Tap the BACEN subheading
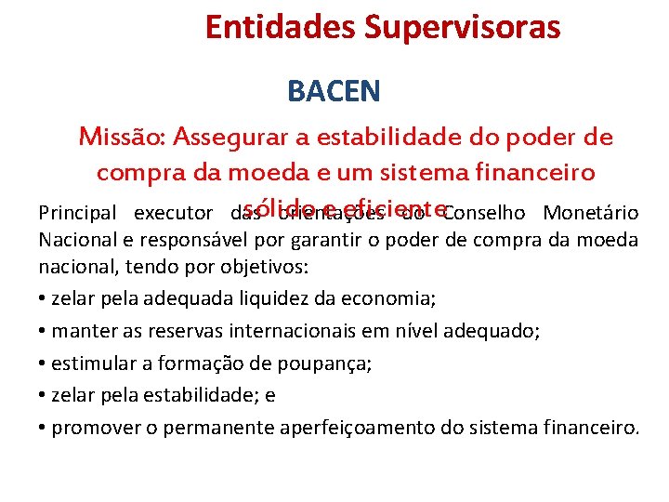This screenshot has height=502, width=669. tap(334, 91)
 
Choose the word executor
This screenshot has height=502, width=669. tap(174, 214)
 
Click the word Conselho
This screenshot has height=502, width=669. tap(488, 214)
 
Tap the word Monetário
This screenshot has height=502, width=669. tap(592, 214)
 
